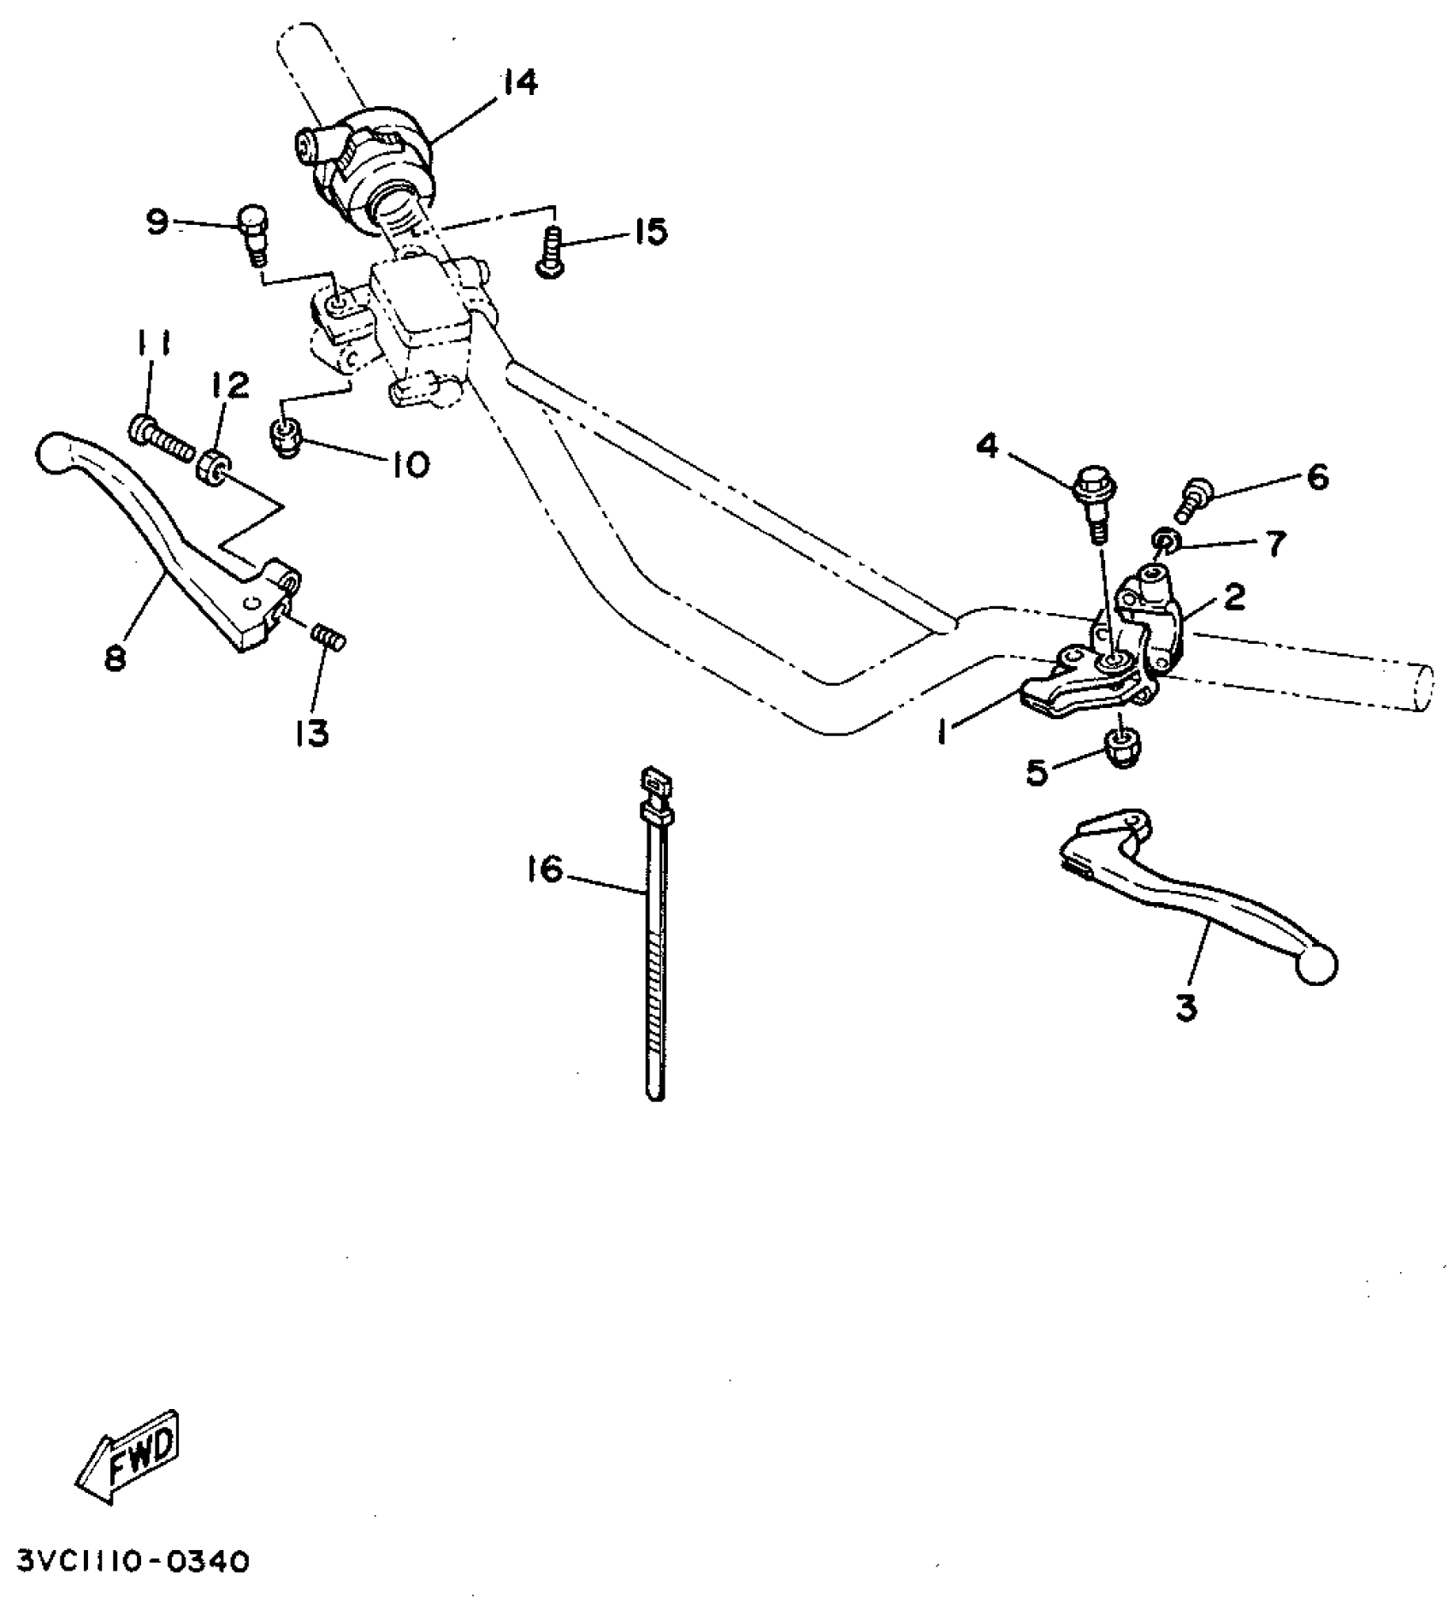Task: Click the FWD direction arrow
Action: coord(128,1450)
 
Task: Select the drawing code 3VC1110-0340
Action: coord(127,1563)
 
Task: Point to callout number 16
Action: coord(546,870)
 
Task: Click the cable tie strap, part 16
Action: coord(654,941)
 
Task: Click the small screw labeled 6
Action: coord(1193,500)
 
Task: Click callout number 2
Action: coord(1233,599)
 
